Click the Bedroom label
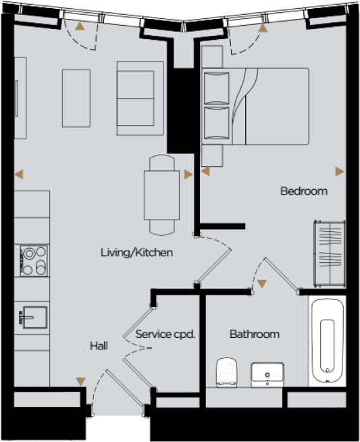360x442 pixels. (303, 191)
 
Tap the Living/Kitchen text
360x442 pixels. (137, 253)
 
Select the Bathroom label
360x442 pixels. (254, 334)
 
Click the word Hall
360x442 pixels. (99, 346)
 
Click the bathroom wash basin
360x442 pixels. (268, 373)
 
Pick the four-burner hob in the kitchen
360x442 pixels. (35, 260)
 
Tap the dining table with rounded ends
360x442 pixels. (161, 194)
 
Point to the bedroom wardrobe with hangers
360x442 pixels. (328, 253)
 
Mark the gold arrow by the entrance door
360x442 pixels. (80, 382)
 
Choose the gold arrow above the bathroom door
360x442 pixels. (261, 283)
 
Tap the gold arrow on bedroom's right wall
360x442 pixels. (339, 170)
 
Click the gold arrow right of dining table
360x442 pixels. (187, 174)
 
